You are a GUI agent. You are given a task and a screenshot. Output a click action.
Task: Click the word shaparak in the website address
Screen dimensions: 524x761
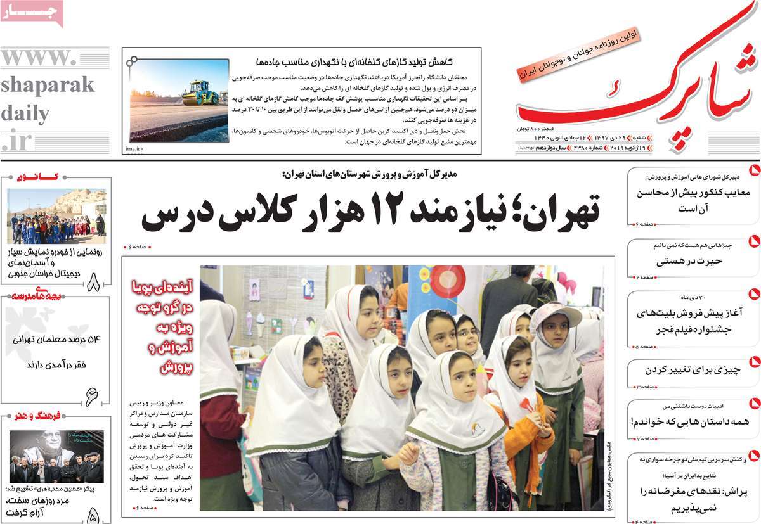coord(48,85)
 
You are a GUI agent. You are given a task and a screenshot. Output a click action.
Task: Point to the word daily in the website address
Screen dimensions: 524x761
coord(25,114)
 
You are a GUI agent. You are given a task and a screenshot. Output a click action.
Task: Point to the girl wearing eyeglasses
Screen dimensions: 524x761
coord(468,333)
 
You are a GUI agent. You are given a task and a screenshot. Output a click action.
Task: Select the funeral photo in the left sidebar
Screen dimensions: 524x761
coord(56,457)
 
